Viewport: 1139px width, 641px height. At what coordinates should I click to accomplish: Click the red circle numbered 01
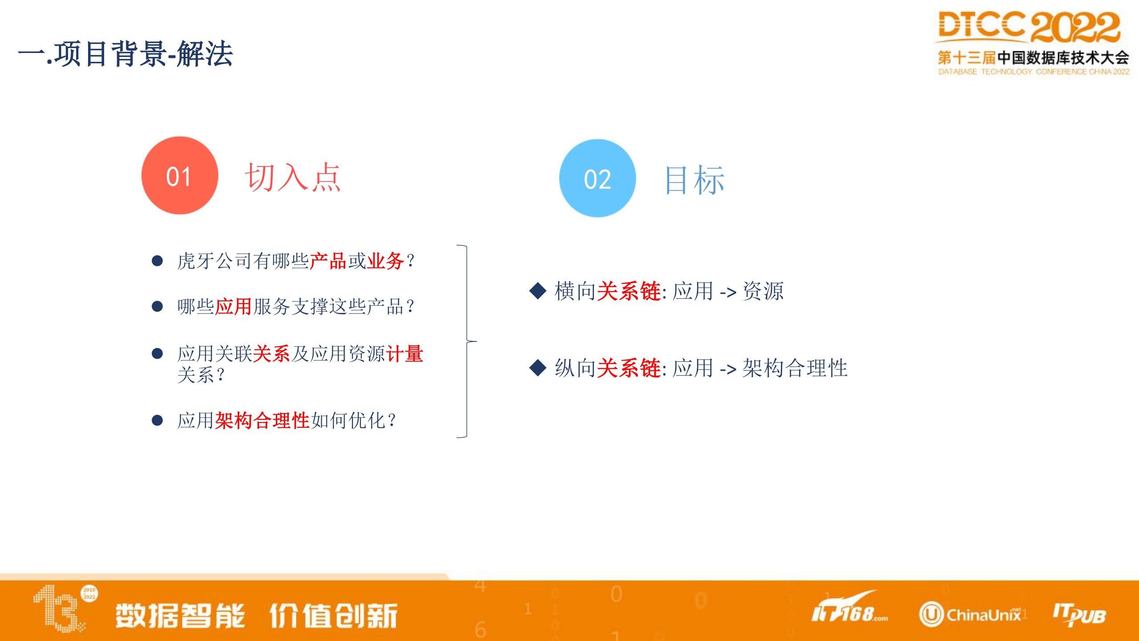(x=180, y=175)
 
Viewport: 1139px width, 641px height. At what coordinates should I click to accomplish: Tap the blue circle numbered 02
(x=598, y=178)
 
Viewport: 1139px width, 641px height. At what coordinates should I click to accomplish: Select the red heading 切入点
(x=293, y=177)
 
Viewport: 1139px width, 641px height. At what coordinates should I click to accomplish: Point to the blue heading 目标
(x=695, y=180)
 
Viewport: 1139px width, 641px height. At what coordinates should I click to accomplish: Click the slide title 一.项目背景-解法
(x=125, y=54)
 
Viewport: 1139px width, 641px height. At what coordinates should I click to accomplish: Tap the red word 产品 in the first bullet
(x=328, y=261)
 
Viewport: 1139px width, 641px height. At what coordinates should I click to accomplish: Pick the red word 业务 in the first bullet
(x=385, y=261)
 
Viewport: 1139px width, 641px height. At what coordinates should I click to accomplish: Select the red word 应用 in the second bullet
(x=234, y=306)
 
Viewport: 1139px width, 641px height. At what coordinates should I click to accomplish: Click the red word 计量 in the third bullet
(x=405, y=354)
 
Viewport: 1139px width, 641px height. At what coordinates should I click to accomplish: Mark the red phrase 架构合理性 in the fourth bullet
(x=263, y=420)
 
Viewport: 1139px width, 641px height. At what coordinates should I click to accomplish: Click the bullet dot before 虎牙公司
(x=157, y=261)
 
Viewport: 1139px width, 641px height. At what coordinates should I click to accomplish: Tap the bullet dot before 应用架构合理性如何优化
(x=157, y=420)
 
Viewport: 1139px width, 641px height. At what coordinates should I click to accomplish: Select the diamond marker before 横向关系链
(x=538, y=291)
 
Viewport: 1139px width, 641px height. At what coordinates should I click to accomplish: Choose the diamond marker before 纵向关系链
(x=538, y=368)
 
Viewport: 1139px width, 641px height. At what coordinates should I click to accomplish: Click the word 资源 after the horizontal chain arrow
(x=763, y=291)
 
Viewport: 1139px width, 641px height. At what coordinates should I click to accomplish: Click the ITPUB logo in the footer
(x=1079, y=615)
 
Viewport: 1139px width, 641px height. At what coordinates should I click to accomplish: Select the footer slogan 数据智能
(x=180, y=616)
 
